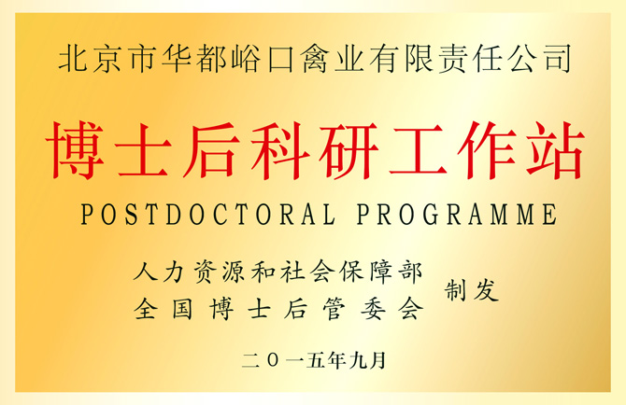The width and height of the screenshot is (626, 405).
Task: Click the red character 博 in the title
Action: [75, 150]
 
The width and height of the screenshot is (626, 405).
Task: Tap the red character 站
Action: [555, 150]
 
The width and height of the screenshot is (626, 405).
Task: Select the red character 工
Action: [418, 150]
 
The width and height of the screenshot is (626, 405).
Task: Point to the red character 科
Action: [280, 150]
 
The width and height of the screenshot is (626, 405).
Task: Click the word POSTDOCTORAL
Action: [207, 214]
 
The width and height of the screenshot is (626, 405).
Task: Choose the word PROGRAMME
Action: [457, 214]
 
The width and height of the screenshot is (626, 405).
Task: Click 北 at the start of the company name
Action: [73, 59]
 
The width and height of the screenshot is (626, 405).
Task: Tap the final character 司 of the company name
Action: [558, 59]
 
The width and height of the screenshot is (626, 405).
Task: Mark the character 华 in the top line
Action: [177, 59]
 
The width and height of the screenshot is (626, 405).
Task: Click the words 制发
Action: [472, 290]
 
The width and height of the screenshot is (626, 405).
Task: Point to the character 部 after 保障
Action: [411, 272]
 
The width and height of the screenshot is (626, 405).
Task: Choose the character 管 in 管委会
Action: [335, 309]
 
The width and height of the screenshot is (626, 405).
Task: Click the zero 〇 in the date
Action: [274, 360]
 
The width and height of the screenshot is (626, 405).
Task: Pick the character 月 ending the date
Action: [378, 360]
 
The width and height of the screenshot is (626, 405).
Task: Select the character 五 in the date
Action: [316, 360]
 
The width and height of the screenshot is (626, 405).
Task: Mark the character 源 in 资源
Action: [234, 272]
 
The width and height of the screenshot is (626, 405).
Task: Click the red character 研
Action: [349, 150]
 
